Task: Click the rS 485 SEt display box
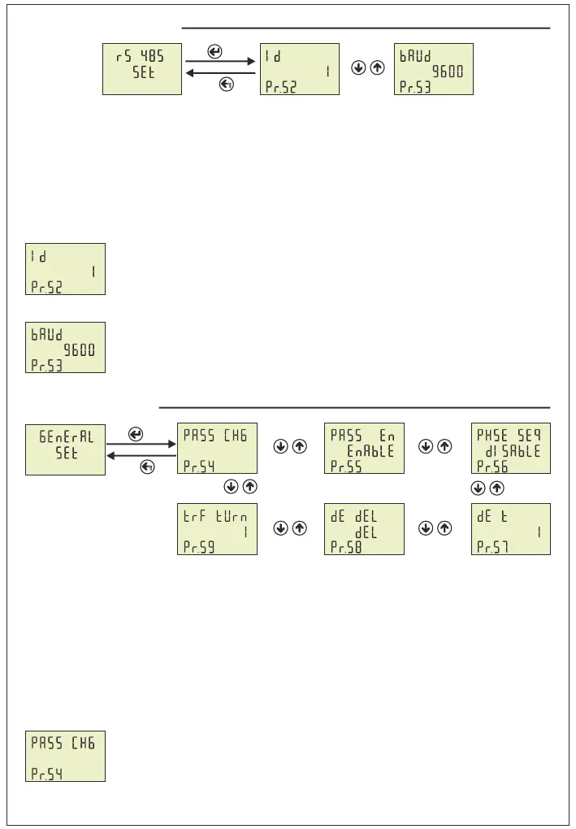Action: click(x=141, y=69)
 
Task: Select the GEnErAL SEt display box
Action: click(x=65, y=448)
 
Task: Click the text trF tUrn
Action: click(x=216, y=515)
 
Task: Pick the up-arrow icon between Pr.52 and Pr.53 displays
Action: click(x=376, y=68)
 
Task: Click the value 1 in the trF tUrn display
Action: click(x=245, y=532)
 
